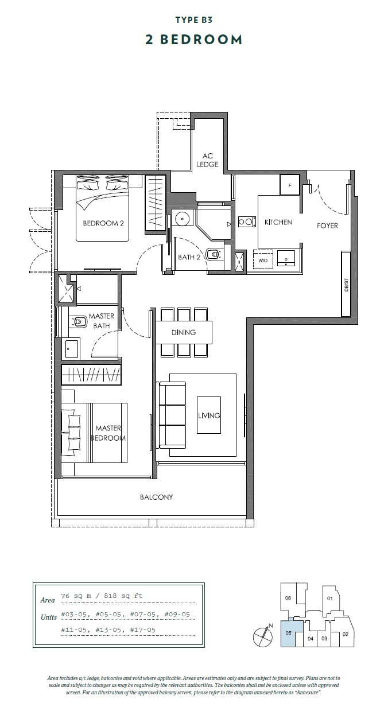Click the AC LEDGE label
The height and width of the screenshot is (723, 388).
[x=207, y=160]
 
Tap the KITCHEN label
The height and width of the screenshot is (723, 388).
[x=278, y=222]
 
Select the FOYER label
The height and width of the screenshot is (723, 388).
[x=327, y=226]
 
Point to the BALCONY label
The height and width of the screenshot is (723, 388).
[x=156, y=497]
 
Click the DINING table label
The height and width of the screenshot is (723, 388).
[x=184, y=332]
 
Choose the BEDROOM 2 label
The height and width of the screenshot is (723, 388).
[x=103, y=223]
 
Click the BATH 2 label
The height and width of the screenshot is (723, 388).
[x=189, y=257]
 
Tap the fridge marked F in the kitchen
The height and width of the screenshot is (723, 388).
[x=289, y=185]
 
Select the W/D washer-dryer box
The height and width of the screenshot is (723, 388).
[x=263, y=260]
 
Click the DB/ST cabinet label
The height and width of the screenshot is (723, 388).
[x=346, y=285]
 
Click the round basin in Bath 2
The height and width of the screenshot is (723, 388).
[x=183, y=219]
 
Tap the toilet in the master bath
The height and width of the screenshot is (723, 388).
[x=77, y=321]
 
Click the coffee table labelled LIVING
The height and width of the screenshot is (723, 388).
[x=209, y=415]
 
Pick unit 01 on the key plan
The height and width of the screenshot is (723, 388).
[x=329, y=598]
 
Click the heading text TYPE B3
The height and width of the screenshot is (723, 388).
[x=194, y=20]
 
